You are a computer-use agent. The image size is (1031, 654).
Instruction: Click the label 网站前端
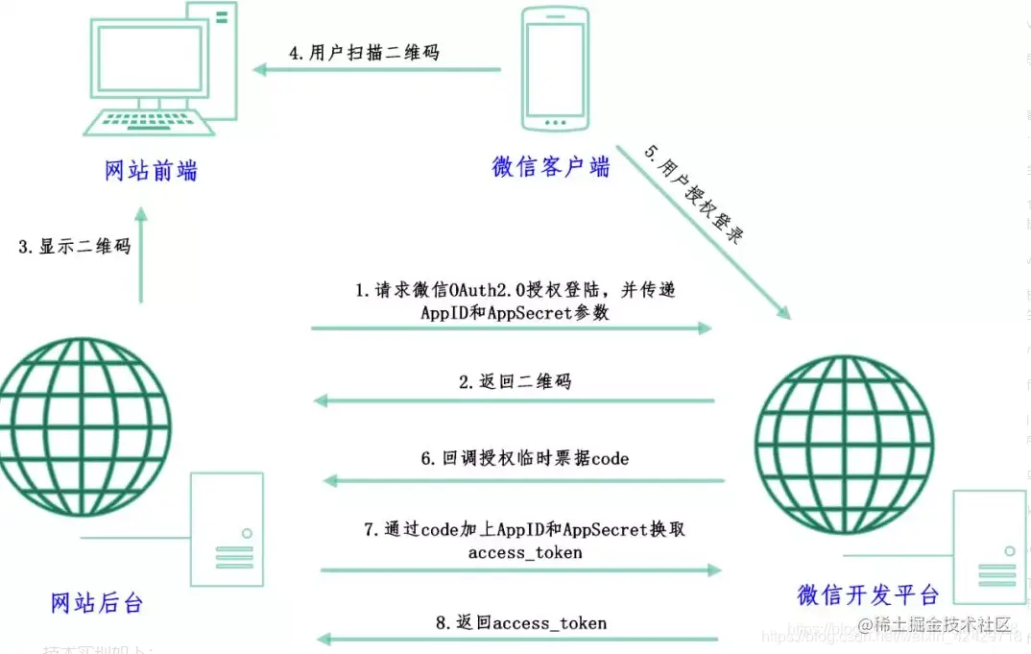(x=151, y=170)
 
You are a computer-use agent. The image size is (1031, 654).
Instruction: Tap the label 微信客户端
(x=550, y=166)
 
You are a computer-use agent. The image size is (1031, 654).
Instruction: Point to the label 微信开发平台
(x=868, y=593)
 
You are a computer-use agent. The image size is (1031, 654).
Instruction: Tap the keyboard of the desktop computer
(x=149, y=123)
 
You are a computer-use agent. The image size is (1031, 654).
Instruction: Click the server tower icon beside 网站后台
(x=227, y=529)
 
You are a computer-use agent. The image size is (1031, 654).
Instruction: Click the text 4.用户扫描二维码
(x=364, y=53)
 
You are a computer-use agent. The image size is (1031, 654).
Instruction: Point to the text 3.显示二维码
(x=74, y=246)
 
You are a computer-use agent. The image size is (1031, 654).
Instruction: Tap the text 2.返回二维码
(x=515, y=381)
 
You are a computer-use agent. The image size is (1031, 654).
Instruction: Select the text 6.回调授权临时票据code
(x=524, y=458)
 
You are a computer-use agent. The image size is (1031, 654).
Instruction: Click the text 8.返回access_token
(x=520, y=622)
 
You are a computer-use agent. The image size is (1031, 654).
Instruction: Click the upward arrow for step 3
(x=141, y=254)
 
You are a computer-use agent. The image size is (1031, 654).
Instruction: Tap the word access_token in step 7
(x=524, y=553)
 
